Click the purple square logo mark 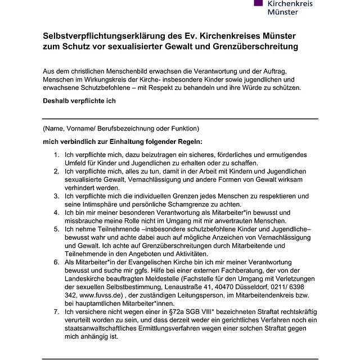[258, 3]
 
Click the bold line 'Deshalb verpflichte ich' [79, 102]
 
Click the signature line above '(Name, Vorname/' [180, 119]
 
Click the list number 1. [56, 154]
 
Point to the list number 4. [56, 213]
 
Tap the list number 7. [56, 311]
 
